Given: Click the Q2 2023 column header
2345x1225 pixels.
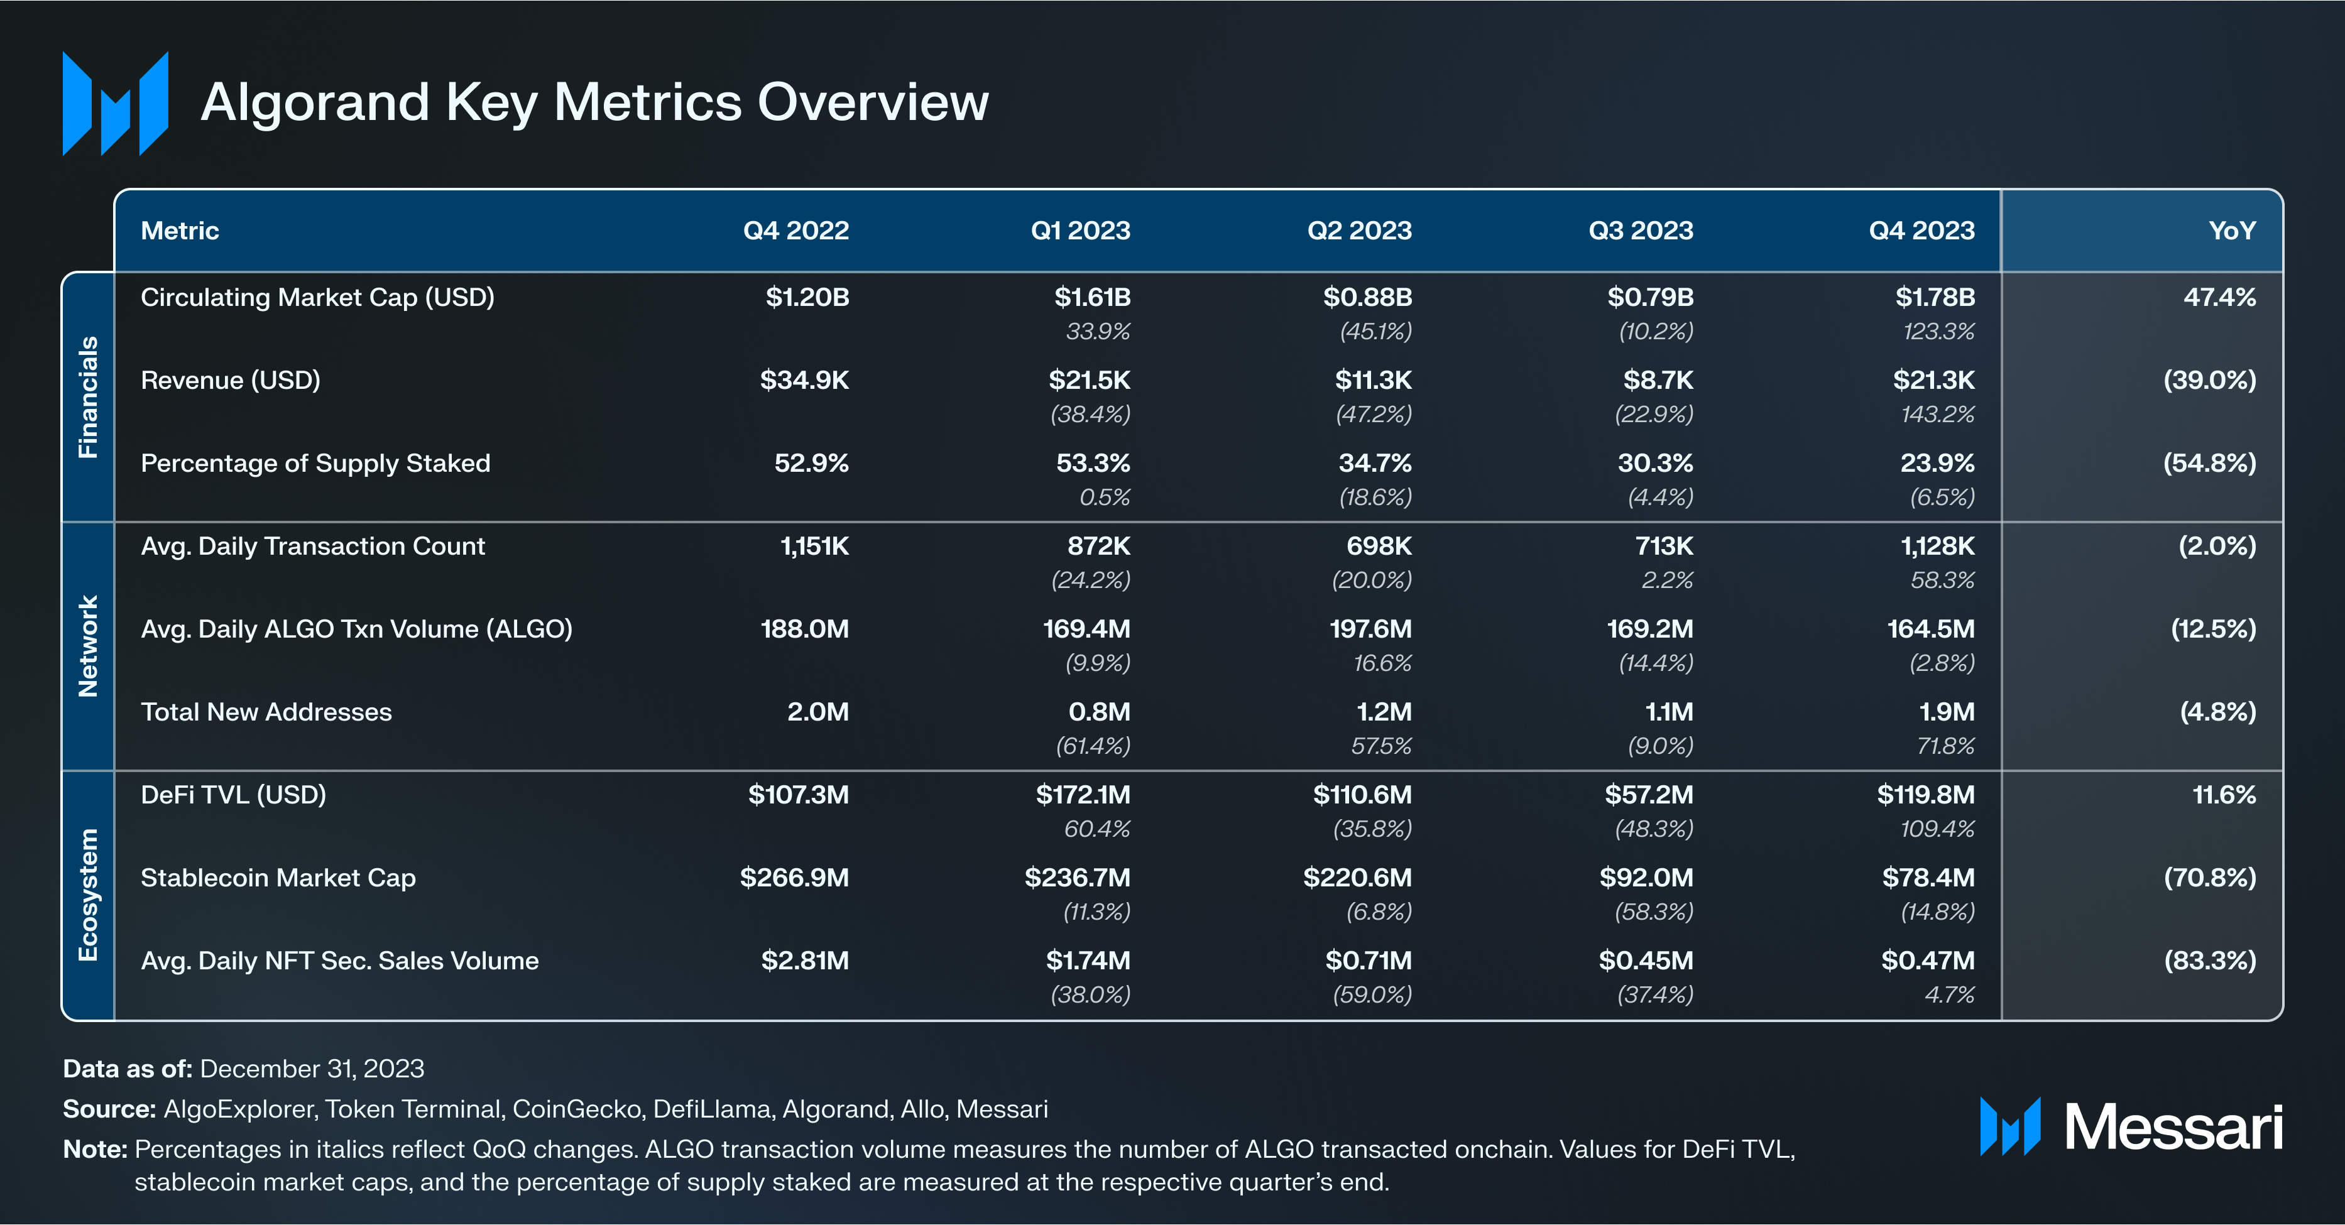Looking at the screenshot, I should (x=1359, y=231).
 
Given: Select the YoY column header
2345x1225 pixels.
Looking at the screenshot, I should (x=2231, y=231).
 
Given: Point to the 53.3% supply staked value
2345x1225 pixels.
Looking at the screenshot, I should (x=1093, y=462).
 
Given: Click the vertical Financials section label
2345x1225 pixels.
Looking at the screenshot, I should (x=87, y=397).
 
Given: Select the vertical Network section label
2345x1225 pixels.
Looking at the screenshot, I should (x=87, y=646).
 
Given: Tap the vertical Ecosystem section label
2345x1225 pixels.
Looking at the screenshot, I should (x=87, y=895).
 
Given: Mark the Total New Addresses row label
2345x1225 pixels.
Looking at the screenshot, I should (x=266, y=712).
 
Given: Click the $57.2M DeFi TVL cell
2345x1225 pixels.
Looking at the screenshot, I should (x=1649, y=795).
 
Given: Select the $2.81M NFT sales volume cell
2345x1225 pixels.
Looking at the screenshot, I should (x=805, y=960).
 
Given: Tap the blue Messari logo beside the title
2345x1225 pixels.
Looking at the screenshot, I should (x=116, y=103).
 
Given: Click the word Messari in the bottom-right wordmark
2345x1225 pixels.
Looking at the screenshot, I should (x=2173, y=1128).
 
